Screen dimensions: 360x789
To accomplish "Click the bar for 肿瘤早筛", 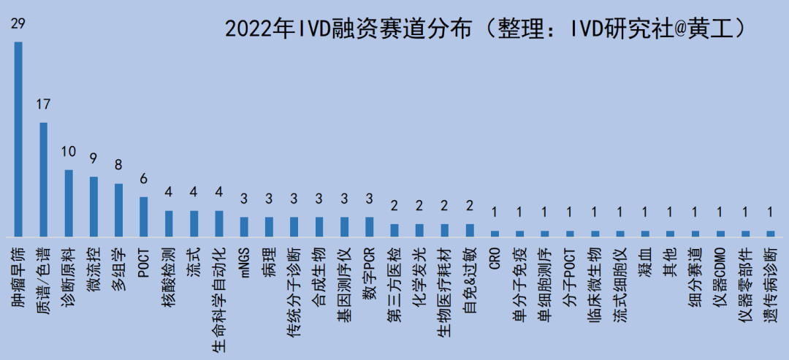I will click(18, 139).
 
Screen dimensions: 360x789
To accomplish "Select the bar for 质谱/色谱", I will click(43, 180).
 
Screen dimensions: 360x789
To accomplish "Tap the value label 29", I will click(18, 25).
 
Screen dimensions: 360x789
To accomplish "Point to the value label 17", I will click(43, 104).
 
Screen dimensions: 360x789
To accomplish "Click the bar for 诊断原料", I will click(69, 203).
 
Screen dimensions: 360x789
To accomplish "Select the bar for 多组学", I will click(118, 210).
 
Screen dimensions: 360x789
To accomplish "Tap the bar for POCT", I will click(144, 216).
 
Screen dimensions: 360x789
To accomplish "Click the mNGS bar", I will click(244, 226).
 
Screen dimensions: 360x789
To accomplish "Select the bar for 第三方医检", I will click(394, 230).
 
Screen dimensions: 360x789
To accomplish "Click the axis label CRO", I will click(495, 259).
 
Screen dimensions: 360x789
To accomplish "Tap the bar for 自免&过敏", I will click(470, 230).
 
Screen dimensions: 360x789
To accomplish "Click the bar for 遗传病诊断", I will click(770, 233).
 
